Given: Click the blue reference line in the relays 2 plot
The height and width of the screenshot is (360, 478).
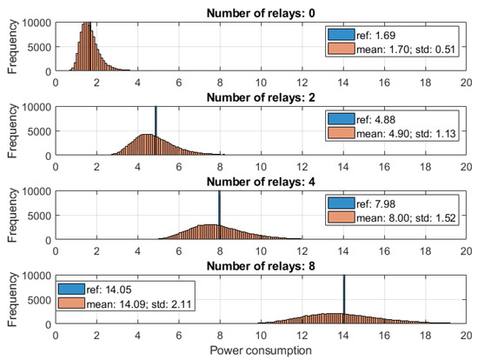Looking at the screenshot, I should [x=155, y=122].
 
